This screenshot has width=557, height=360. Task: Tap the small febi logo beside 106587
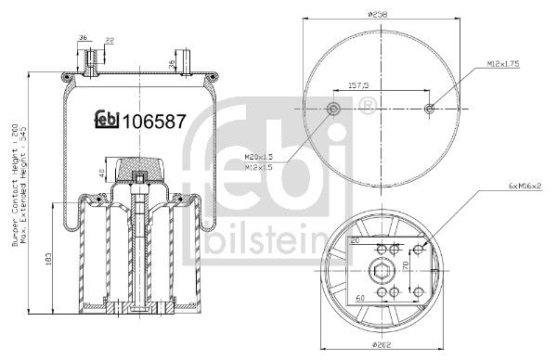click(109, 121)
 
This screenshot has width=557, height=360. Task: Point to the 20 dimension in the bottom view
click(355, 238)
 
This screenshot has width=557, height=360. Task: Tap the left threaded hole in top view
click(333, 111)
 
